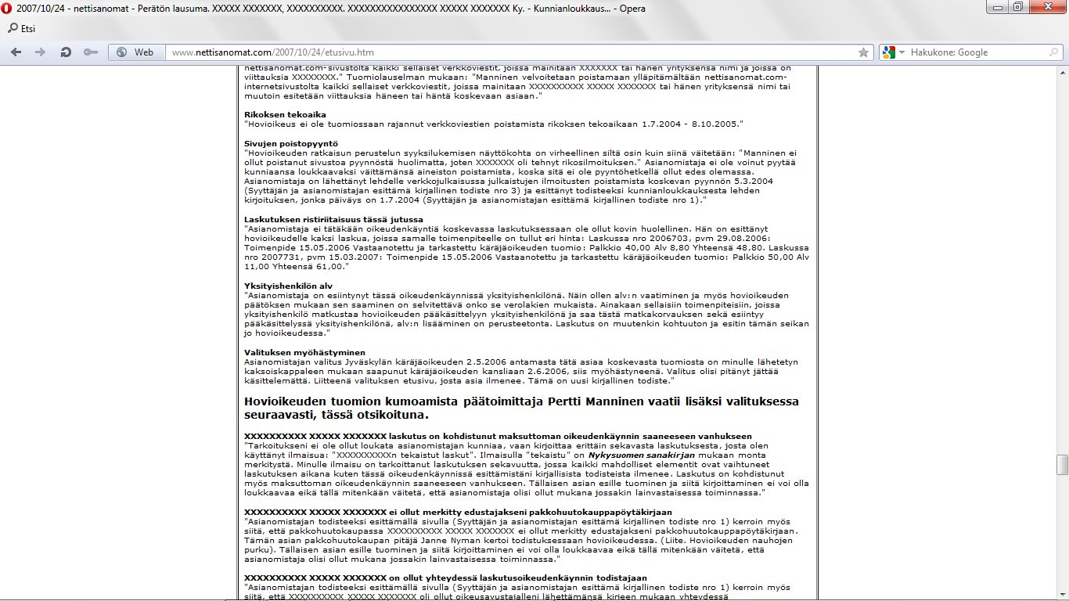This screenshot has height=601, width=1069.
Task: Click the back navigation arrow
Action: point(16,52)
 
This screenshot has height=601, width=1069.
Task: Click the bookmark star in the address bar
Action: point(863,52)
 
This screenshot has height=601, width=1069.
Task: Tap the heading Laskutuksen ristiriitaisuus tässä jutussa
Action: point(333,219)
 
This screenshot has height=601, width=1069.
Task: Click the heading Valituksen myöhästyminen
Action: point(304,352)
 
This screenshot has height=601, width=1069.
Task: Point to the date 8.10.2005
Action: point(715,124)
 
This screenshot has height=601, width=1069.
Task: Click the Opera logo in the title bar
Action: point(7,7)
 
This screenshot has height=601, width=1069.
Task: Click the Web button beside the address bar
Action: point(135,52)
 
